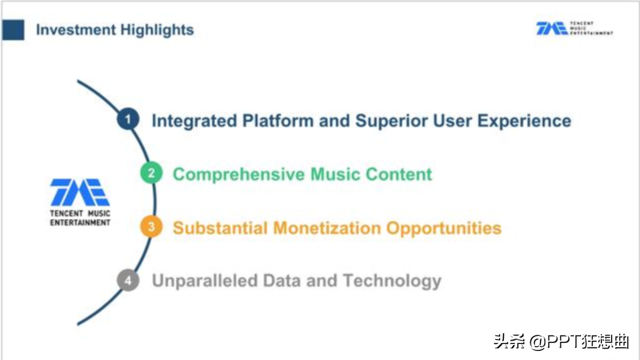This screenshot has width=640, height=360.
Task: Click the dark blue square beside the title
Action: coord(13,29)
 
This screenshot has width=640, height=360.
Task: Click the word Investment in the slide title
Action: coord(76,29)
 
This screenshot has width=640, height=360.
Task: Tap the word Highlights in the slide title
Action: coord(157,30)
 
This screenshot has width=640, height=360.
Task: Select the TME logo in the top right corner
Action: coord(574,28)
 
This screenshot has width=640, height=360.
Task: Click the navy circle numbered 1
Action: coord(128,119)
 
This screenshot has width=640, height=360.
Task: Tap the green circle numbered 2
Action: coord(151,173)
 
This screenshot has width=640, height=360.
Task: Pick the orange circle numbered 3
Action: coord(151,227)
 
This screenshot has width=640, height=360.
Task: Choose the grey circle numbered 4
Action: coord(128,280)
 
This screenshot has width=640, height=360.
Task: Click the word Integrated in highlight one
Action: coord(194,121)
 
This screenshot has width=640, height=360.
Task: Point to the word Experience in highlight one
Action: coord(524,121)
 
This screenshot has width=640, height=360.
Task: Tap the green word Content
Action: coord(399,174)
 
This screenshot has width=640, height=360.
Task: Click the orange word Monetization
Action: coord(327,228)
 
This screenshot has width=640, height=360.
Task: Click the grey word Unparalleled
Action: coord(205,280)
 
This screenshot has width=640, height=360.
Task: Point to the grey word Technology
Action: coord(392,281)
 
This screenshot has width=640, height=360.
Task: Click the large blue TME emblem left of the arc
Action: coord(80,192)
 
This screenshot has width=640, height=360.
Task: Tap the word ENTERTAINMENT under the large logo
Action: coord(80,222)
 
